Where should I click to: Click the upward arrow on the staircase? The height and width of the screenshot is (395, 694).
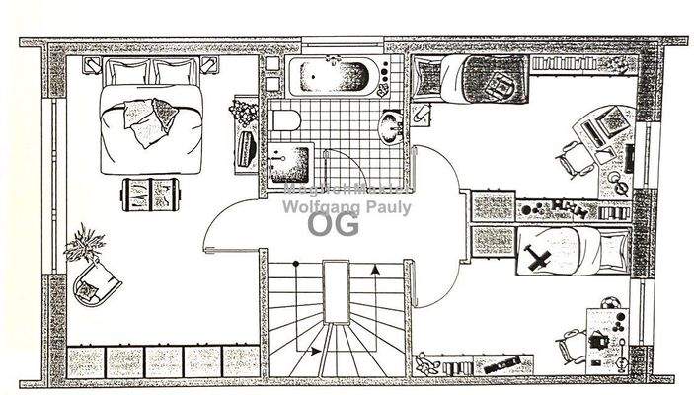(375, 269)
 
